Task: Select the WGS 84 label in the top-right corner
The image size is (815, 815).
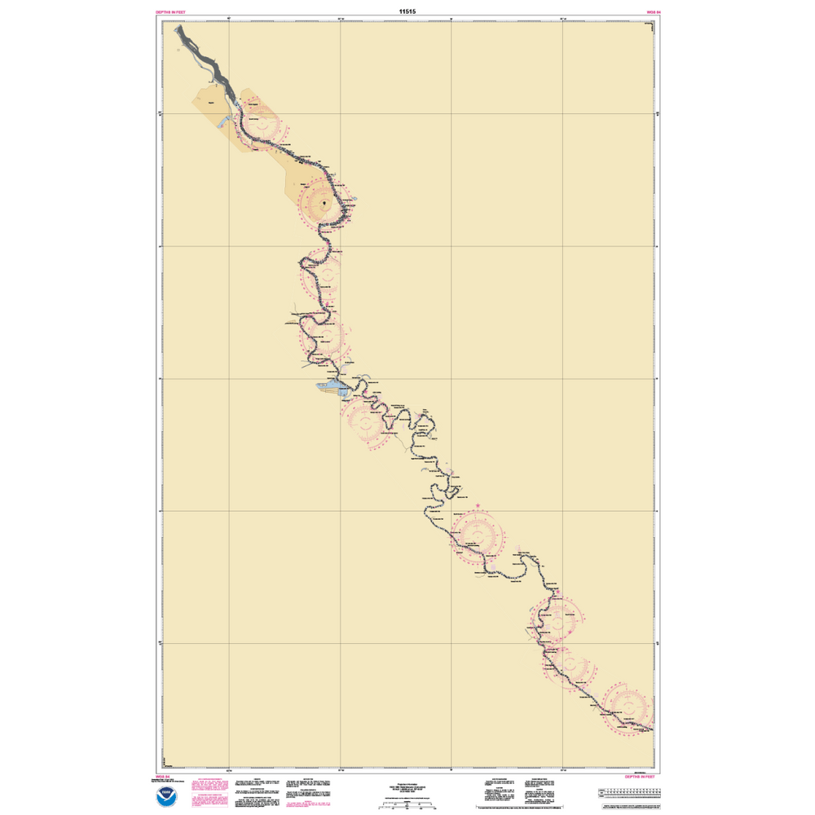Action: coord(652,13)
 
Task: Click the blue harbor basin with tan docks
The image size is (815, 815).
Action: coord(331,386)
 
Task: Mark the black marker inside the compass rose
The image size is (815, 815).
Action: coord(324,201)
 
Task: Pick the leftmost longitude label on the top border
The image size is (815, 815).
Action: coord(229,20)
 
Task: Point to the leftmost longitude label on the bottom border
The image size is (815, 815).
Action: coord(229,770)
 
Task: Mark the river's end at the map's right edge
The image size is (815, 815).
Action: coord(652,730)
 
